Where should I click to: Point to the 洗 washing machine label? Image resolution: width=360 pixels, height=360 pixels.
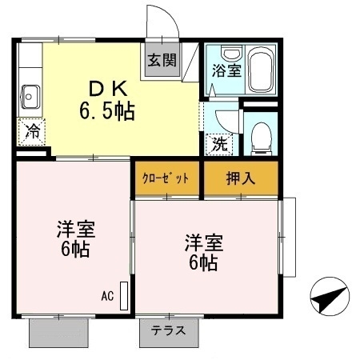tap(218, 145)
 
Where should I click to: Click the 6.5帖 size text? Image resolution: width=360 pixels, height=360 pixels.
tap(106, 110)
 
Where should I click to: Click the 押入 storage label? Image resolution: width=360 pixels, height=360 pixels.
tap(240, 178)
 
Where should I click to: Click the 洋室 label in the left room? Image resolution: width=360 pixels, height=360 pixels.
tap(76, 229)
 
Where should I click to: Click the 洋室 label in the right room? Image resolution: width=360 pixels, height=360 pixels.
tap(204, 241)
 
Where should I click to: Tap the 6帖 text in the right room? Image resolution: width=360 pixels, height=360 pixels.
tap(205, 262)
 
